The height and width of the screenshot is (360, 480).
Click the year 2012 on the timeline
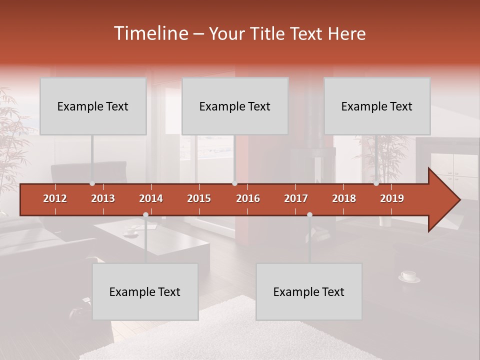[55, 198]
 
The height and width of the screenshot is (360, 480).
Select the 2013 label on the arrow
[103, 198]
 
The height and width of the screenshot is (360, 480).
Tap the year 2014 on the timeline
[151, 198]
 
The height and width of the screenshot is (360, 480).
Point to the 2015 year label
[199, 198]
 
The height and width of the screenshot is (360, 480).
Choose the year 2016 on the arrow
[248, 198]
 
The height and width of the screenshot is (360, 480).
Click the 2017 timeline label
[296, 198]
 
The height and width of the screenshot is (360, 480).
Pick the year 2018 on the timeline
[344, 198]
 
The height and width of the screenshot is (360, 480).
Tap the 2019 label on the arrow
[392, 198]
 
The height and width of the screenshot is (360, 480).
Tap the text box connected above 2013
[93, 106]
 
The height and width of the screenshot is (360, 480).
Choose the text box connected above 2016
[235, 106]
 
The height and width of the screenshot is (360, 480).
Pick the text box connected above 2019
[377, 106]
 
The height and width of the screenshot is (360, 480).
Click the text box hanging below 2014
[145, 291]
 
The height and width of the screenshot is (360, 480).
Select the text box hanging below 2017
[309, 291]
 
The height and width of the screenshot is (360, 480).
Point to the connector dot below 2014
[145, 215]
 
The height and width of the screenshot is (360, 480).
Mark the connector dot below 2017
[309, 215]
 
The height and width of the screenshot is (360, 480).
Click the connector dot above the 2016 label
[235, 183]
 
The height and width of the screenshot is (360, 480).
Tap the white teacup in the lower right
[408, 275]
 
